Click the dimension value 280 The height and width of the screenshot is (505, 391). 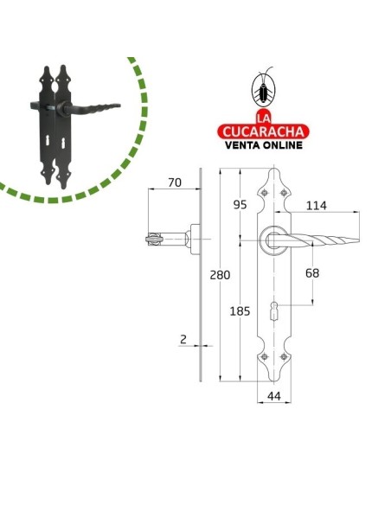point(220,275)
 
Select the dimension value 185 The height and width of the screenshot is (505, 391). point(240,311)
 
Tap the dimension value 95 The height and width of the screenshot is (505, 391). point(240,205)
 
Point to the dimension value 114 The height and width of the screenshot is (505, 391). point(316,206)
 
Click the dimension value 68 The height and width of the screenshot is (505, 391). point(312,273)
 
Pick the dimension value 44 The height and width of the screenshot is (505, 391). point(274,396)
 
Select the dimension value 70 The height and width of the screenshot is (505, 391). point(175,182)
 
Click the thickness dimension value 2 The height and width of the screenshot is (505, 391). point(183,340)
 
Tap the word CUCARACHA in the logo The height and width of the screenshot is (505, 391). point(263,131)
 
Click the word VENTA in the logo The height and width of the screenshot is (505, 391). point(242,145)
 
